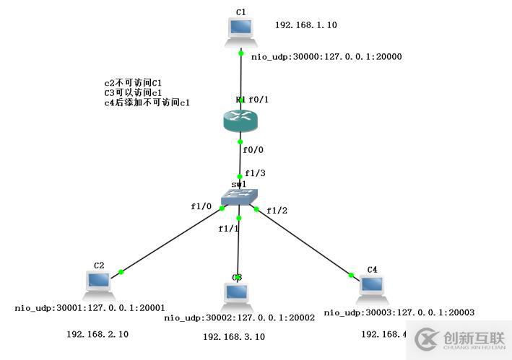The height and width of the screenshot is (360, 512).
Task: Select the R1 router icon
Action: pyautogui.click(x=240, y=120)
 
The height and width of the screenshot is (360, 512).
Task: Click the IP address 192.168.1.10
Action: pyautogui.click(x=305, y=25)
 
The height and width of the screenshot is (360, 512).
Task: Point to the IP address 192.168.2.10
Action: pyautogui.click(x=97, y=334)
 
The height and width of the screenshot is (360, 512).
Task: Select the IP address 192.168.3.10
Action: pyautogui.click(x=233, y=337)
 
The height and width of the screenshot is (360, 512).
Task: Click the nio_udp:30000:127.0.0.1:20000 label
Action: pyautogui.click(x=326, y=57)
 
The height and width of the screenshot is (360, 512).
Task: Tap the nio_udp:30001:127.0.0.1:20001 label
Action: pyautogui.click(x=90, y=308)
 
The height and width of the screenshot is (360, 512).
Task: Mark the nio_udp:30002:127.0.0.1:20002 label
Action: pyautogui.click(x=240, y=318)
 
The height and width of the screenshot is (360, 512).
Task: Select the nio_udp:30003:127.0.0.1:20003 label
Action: pyautogui.click(x=399, y=312)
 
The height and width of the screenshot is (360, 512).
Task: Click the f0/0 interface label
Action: pyautogui.click(x=253, y=151)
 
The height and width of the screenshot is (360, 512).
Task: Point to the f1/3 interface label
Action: pyautogui.click(x=255, y=173)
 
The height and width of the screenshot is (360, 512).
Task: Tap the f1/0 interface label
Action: pyautogui.click(x=201, y=206)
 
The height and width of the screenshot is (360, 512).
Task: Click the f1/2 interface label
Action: pyautogui.click(x=277, y=210)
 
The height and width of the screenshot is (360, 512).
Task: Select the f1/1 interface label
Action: pyautogui.click(x=228, y=229)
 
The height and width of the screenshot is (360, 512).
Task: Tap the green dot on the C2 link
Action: pyautogui.click(x=121, y=272)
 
